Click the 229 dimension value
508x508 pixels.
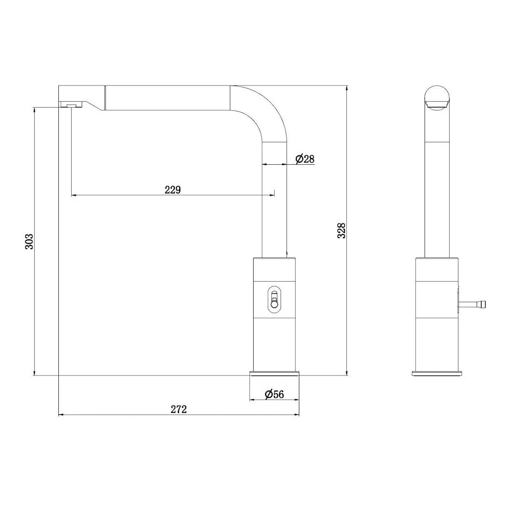[173, 190]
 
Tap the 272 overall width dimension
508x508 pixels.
[179, 409]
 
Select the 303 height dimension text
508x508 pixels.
[29, 241]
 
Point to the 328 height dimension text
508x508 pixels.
[341, 230]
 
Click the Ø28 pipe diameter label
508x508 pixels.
[305, 159]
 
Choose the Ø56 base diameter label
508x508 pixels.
[274, 395]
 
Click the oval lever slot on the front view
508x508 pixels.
[274, 300]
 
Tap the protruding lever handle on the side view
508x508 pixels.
[472, 304]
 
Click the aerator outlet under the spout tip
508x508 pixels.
[72, 105]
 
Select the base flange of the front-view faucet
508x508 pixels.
[274, 373]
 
